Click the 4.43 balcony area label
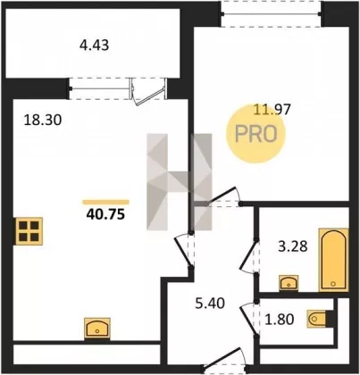tap(94, 46)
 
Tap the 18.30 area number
tap(43, 121)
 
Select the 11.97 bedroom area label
tap(272, 110)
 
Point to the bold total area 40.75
tap(105, 214)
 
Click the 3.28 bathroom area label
tap(293, 246)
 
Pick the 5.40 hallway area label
tap(210, 304)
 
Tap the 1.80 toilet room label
tap(280, 320)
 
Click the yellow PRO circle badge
tap(255, 134)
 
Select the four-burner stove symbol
tap(29, 231)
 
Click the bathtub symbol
tap(333, 260)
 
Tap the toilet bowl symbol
tap(317, 319)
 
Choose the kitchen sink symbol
tap(97, 329)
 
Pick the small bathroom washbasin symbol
tap(289, 283)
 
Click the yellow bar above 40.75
tap(105, 203)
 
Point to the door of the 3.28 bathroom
tap(247, 255)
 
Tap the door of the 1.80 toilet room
tap(249, 319)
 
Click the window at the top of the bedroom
tap(271, 13)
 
